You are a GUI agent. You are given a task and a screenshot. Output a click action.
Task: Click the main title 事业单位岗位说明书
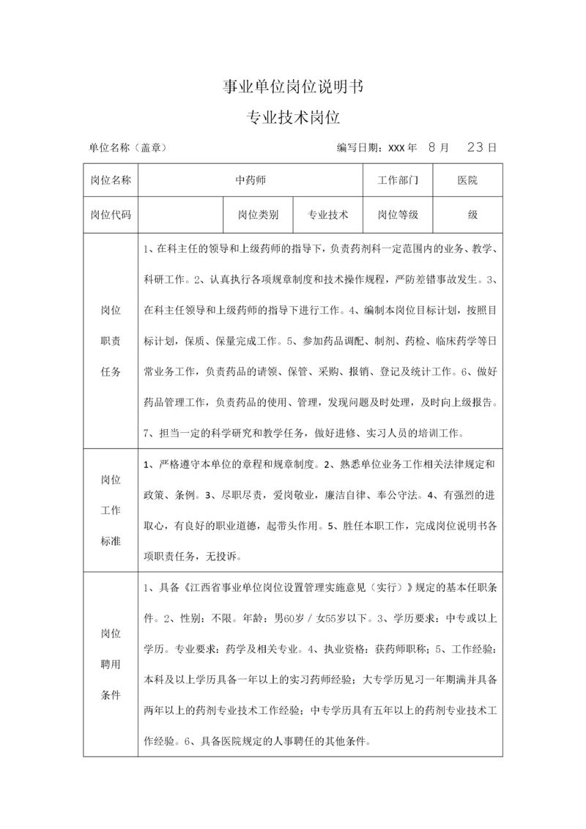tap(293, 87)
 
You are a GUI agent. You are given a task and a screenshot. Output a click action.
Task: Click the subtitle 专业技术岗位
tap(293, 117)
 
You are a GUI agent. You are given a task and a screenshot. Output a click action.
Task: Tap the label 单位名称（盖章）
tap(128, 147)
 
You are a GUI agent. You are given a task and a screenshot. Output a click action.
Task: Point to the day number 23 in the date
tap(475, 147)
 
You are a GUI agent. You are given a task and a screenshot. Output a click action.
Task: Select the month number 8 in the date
tap(433, 147)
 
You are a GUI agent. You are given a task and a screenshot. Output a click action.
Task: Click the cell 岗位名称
tap(111, 180)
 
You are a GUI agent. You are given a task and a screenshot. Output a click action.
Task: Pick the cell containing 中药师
tap(250, 180)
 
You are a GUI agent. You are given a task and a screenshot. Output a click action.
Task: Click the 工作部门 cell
tap(398, 180)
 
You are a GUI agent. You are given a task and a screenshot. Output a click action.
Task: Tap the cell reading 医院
tap(467, 180)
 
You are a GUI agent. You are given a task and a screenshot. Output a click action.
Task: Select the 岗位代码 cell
tap(111, 215)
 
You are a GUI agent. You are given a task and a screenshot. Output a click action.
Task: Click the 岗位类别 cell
tap(258, 215)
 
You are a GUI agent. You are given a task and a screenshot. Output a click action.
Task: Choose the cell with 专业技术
tap(327, 215)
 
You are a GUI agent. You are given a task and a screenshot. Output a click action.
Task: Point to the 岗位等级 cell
tap(398, 215)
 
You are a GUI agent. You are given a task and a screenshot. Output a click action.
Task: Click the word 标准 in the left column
tap(111, 540)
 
